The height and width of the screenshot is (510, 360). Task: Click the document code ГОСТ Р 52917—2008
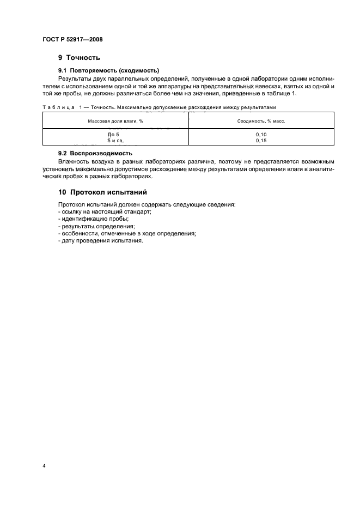tap(72, 40)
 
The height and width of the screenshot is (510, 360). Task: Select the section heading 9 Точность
tap(78, 58)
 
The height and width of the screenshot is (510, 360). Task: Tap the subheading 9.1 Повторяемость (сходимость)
tap(108, 70)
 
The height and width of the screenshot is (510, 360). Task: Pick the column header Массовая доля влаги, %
tap(115, 120)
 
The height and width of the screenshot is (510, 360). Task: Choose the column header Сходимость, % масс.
tap(262, 120)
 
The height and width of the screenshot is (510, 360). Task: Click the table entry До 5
tap(113, 134)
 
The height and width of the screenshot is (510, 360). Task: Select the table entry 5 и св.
tap(113, 139)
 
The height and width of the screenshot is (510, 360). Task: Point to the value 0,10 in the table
tap(262, 134)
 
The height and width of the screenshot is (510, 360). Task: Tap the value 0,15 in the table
tap(262, 139)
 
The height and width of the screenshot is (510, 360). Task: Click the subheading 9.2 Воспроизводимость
tap(95, 154)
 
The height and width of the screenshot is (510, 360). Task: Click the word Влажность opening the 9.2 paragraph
tap(74, 162)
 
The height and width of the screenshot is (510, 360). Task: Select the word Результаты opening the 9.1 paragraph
tap(75, 78)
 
